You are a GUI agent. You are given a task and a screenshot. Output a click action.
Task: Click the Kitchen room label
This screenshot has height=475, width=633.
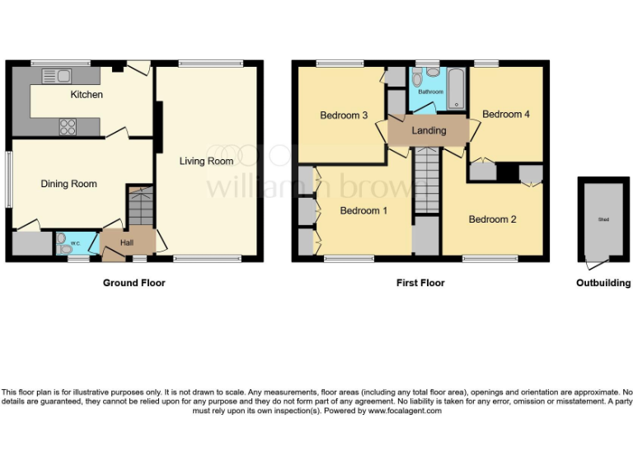tap(87, 95)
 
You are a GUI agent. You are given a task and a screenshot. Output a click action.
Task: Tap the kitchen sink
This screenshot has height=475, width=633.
tap(57, 76)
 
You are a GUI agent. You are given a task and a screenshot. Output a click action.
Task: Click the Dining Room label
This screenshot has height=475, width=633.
tap(69, 184)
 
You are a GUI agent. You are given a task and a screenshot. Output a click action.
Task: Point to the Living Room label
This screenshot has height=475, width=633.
tap(207, 162)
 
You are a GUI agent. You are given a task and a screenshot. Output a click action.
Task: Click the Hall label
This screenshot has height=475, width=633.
tap(127, 243)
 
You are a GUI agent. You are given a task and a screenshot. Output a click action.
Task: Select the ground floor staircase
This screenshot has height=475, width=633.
tap(141, 206)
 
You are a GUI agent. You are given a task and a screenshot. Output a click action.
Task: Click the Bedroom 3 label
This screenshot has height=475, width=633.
tap(344, 115)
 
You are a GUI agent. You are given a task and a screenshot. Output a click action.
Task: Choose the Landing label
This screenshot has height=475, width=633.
tap(429, 130)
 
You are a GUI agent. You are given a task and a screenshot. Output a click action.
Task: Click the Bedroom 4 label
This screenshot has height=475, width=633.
tap(506, 115)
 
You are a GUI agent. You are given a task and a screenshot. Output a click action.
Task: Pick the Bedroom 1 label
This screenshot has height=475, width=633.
tap(363, 211)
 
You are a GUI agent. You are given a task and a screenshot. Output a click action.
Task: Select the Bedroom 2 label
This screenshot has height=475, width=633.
tap(492, 219)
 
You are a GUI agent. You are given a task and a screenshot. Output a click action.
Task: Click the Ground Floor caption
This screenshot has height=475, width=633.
tap(134, 283)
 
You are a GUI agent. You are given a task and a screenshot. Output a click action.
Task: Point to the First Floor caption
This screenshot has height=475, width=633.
tap(420, 283)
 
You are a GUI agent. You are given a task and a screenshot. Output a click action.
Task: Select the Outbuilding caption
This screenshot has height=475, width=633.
tap(603, 283)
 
